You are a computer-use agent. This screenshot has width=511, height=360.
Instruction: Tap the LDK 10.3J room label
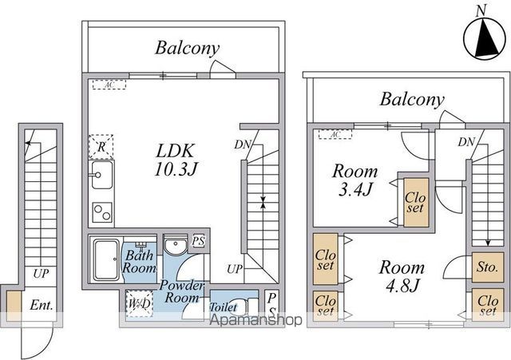[176, 160]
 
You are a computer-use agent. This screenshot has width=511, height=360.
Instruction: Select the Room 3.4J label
[355, 180]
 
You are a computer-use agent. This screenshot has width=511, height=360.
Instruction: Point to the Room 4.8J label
[402, 276]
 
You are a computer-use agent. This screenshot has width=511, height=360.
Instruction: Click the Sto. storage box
[488, 267]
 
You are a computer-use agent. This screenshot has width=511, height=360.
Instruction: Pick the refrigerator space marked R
[101, 147]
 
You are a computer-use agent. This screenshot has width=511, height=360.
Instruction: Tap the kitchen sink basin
[102, 175]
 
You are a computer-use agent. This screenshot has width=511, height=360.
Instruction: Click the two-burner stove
[102, 212]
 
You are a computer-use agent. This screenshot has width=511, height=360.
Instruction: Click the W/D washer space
[139, 303]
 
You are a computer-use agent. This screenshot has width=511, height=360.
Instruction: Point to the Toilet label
[223, 307]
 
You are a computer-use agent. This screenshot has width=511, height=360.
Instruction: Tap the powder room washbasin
[176, 245]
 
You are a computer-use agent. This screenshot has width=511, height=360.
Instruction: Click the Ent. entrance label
[41, 305]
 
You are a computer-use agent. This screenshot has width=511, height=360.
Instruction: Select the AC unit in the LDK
[109, 85]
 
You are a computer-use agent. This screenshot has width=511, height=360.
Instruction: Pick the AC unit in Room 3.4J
[335, 134]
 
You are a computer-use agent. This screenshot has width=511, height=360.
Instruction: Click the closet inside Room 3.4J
[416, 202]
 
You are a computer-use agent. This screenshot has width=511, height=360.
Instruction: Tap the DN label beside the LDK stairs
[243, 144]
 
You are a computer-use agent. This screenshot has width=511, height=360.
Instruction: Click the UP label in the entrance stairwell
[41, 274]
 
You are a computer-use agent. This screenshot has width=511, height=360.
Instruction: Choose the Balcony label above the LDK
[187, 48]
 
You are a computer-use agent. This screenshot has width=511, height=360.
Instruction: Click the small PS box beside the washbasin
[198, 241]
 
